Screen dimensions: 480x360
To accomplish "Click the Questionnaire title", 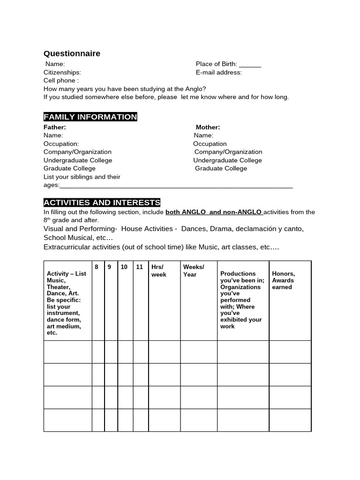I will (72, 53).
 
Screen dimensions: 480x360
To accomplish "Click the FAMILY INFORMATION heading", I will (90, 117).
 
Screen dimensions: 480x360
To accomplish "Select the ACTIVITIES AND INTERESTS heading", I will (102, 202).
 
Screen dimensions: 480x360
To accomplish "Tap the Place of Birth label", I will (217, 64).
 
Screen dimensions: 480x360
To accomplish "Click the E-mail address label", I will (219, 73).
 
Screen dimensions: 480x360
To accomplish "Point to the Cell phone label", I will (61, 81).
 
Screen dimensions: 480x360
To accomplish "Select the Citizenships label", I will (62, 73).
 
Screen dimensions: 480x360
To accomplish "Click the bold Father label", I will (55, 127).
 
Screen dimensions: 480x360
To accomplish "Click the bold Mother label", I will (208, 127).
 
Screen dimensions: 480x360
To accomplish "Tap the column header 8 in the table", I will (97, 267).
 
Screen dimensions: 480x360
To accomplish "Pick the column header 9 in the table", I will (109, 267).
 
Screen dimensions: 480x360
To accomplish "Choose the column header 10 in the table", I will (124, 267).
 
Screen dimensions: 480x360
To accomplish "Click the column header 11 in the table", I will (139, 267).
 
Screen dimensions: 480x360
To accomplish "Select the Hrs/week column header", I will (158, 270).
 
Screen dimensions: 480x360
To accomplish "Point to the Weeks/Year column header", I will (193, 270).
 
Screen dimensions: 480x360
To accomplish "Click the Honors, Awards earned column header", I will (284, 280).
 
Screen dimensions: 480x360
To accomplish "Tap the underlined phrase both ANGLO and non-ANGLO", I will (214, 212).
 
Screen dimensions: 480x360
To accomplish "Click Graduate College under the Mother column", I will (221, 168).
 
